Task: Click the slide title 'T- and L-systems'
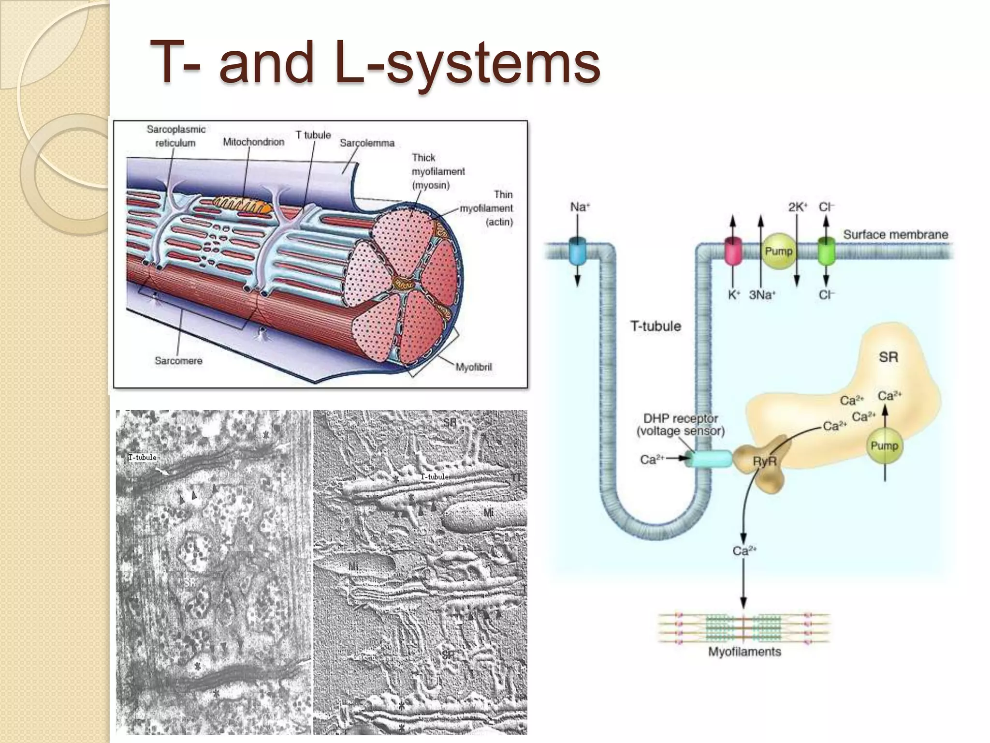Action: [375, 63]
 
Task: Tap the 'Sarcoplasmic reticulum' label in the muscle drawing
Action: [176, 136]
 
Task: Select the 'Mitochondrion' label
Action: [253, 142]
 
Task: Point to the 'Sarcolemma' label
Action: [367, 143]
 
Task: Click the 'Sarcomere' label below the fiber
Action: [178, 360]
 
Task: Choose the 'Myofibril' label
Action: [473, 367]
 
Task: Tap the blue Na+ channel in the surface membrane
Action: [577, 251]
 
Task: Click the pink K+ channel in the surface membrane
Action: [733, 251]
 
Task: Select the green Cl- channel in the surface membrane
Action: [826, 251]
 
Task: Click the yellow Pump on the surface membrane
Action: [778, 251]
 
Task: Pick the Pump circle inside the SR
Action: [884, 446]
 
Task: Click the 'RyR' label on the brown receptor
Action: [764, 461]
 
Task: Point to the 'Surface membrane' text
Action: [895, 235]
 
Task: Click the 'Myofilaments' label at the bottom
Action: [744, 652]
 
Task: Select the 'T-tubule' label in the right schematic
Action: [655, 326]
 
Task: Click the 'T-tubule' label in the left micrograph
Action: [142, 457]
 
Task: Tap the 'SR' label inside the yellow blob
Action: [888, 357]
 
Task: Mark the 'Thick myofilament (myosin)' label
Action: [437, 171]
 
